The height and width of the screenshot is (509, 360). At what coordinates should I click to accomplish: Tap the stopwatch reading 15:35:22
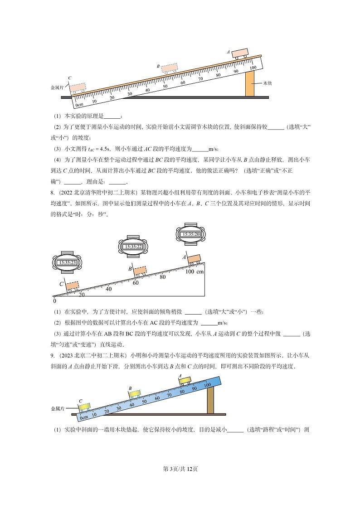(x=134, y=247)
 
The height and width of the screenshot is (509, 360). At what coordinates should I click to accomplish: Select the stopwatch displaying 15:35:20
(x=191, y=234)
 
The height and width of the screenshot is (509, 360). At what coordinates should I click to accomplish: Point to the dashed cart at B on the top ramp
(x=170, y=68)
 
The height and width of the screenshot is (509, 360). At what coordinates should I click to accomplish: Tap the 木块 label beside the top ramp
(x=267, y=83)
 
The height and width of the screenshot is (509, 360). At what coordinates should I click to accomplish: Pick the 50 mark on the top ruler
(x=165, y=87)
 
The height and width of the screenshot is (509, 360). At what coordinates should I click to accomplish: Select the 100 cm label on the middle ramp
(x=195, y=271)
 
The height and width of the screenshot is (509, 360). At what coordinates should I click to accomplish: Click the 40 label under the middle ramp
(x=108, y=289)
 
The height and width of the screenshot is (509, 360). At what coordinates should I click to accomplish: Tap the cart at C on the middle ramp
(x=72, y=286)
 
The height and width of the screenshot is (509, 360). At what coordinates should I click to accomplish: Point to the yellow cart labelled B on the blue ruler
(x=135, y=393)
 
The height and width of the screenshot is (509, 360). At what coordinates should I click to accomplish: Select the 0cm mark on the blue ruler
(x=84, y=417)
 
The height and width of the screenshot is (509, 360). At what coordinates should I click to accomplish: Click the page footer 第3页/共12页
(x=180, y=469)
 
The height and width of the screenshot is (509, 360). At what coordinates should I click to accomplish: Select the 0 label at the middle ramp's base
(x=55, y=301)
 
